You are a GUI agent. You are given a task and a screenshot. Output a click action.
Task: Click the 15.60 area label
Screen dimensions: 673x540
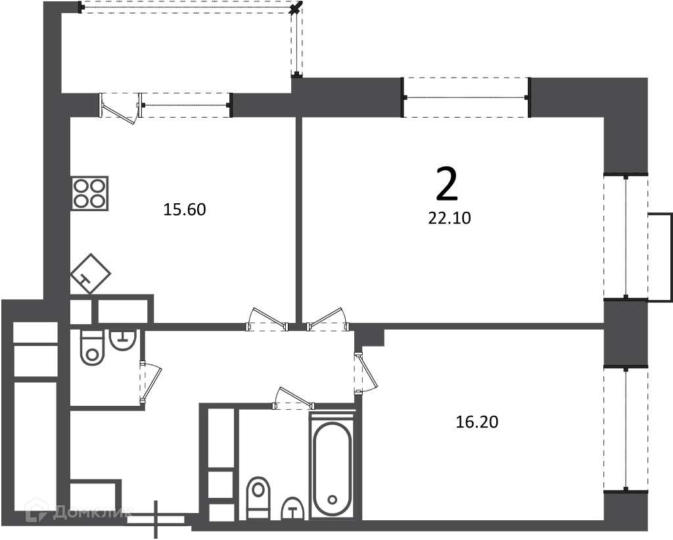pos(185,210)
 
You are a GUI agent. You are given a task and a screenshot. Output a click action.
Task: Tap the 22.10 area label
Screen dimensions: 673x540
pos(450,218)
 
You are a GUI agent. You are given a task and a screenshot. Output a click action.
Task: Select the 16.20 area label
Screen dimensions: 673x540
pos(477,422)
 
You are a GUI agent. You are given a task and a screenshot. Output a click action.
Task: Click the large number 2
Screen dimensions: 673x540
pos(447,184)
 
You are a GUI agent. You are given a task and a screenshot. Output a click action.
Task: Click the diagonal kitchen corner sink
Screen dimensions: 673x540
pos(90,274)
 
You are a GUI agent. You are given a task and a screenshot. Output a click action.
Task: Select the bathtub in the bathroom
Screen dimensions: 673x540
pos(332,464)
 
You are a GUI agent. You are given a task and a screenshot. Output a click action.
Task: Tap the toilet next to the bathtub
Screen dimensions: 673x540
pos(259,497)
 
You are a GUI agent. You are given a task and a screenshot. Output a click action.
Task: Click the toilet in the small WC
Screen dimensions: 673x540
pos(92,347)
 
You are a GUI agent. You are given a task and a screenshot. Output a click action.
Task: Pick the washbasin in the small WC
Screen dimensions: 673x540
pos(123,339)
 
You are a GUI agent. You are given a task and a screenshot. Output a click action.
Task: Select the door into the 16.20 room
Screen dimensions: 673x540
pos(365,373)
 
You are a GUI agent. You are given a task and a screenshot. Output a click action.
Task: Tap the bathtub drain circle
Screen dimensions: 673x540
pos(332,500)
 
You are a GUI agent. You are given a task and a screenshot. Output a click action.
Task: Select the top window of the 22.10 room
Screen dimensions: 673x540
pos(466,97)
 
